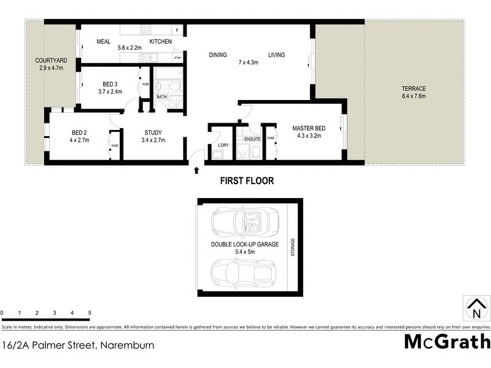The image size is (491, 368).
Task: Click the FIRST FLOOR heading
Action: (247, 181)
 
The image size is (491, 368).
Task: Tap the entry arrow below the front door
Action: (196, 170)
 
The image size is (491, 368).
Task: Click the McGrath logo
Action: (447, 342)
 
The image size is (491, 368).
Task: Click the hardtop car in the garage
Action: (244, 272)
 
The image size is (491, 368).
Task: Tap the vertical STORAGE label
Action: (293, 248)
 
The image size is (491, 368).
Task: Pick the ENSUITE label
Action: (253, 139)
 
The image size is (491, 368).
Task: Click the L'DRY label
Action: (223, 145)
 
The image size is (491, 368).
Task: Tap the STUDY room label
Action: (153, 132)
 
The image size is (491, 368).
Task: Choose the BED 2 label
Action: (80, 132)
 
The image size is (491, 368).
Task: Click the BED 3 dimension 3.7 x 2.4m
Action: (110, 91)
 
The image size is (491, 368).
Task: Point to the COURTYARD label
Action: (50, 60)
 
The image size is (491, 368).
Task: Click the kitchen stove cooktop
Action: (147, 29)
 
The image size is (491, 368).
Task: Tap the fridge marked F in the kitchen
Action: (177, 30)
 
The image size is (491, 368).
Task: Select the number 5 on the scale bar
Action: (90, 313)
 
